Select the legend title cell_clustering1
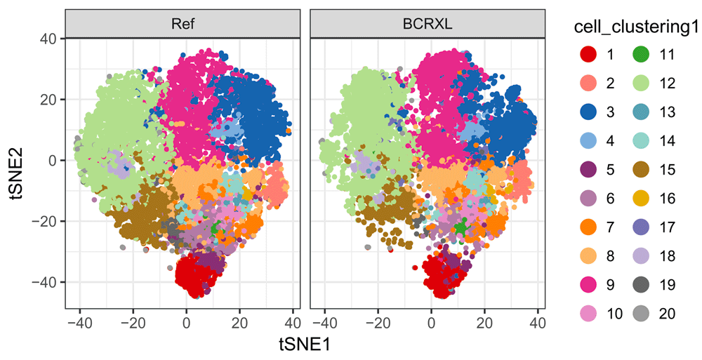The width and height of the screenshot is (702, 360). [627, 27]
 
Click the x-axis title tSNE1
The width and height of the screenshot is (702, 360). [305, 345]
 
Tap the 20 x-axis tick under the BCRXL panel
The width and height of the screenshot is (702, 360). [484, 324]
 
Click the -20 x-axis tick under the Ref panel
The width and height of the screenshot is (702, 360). [131, 324]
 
